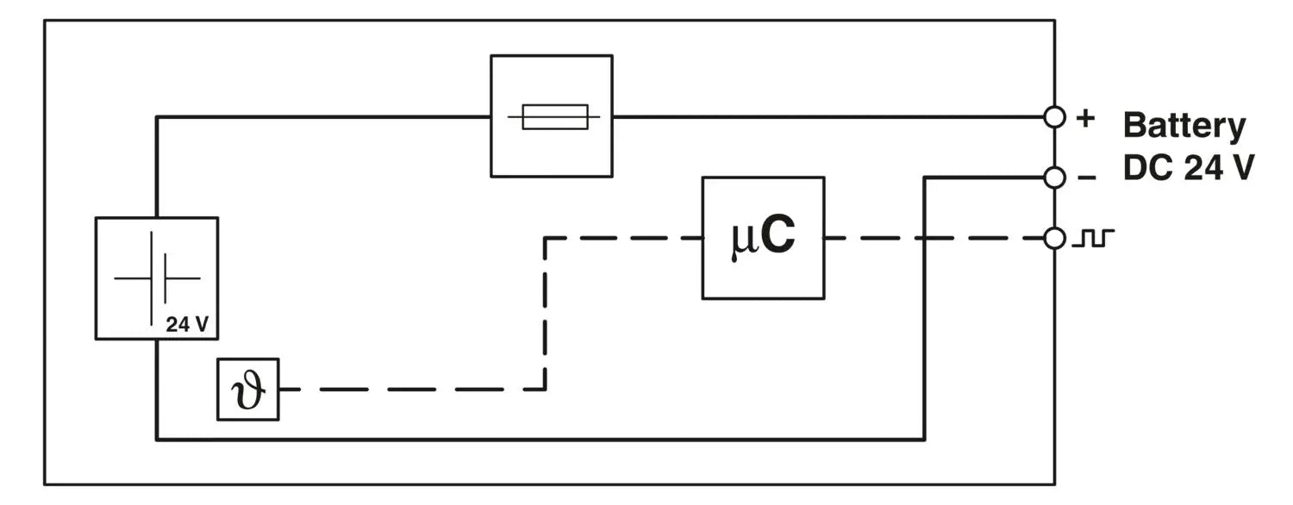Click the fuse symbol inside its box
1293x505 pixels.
pyautogui.click(x=555, y=116)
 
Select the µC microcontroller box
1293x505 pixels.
pyautogui.click(x=763, y=238)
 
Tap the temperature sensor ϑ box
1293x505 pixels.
pyautogui.click(x=247, y=390)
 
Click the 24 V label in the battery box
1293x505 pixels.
pyautogui.click(x=187, y=325)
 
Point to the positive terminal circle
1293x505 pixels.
pyautogui.click(x=1054, y=116)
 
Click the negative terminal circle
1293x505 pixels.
pyautogui.click(x=1054, y=178)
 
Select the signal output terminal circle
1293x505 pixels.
pyautogui.click(x=1054, y=238)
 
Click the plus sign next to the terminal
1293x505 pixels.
pyautogui.click(x=1085, y=118)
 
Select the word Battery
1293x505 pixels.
pyautogui.click(x=1184, y=126)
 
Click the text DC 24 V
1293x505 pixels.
pyautogui.click(x=1188, y=168)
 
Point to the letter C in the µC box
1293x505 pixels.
pyautogui.click(x=778, y=238)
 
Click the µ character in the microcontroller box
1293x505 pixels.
pyautogui.click(x=742, y=241)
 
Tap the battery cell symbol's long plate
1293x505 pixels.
pyautogui.click(x=153, y=278)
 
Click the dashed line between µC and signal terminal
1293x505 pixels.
pyautogui.click(x=871, y=238)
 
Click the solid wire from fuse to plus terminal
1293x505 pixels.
pyautogui.click(x=828, y=116)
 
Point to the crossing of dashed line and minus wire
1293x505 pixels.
pyautogui.click(x=924, y=238)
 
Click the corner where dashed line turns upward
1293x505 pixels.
pyautogui.click(x=545, y=390)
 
